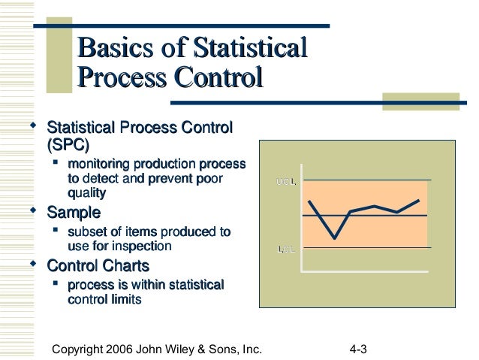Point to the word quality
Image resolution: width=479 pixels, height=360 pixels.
(87, 193)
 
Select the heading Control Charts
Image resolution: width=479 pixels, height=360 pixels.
(98, 265)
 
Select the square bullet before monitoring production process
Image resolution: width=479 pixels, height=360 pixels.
(55, 163)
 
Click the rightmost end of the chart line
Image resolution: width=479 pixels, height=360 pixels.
(419, 200)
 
